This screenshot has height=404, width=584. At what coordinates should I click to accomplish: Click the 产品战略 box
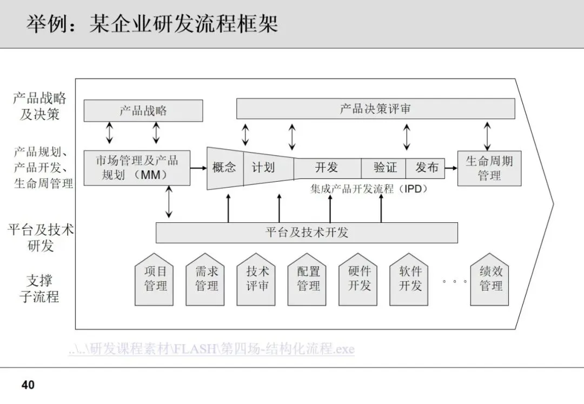(143, 111)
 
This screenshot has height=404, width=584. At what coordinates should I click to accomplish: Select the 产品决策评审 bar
(375, 109)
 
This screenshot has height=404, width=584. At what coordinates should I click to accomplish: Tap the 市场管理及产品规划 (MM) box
(137, 168)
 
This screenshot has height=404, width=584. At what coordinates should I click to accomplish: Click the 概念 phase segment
(224, 168)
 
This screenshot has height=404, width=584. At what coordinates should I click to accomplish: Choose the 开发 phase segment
(327, 168)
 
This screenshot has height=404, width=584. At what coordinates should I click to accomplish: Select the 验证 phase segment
(385, 168)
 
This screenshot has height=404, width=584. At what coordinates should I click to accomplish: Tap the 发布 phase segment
(427, 168)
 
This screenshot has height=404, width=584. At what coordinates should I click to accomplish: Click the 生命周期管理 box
(489, 168)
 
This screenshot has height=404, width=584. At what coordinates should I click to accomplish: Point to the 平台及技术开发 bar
(307, 233)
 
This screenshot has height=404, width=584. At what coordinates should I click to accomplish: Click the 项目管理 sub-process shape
(156, 280)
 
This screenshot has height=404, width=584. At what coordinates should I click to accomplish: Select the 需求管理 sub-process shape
(207, 280)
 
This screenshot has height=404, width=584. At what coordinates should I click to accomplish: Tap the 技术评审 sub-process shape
(257, 280)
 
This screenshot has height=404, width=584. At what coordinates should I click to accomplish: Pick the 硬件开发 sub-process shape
(359, 280)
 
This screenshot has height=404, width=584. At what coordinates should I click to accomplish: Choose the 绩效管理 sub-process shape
(491, 280)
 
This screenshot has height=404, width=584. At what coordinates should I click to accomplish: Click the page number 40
(28, 385)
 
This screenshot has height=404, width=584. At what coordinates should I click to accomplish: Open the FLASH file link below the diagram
(211, 349)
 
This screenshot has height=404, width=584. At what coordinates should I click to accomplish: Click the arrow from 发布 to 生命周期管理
(452, 168)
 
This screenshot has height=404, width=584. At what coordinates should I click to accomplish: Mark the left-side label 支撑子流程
(39, 289)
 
